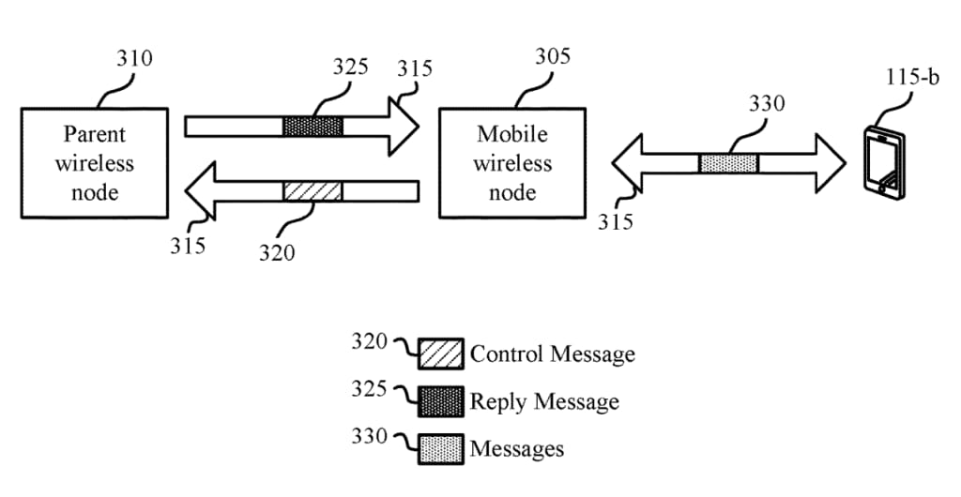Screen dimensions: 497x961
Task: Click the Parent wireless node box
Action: [94, 163]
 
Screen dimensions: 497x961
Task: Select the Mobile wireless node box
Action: [511, 163]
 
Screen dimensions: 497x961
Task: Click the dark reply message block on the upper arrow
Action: [313, 126]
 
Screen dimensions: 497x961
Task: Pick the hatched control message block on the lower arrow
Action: [313, 191]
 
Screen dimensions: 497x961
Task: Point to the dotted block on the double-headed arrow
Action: [728, 163]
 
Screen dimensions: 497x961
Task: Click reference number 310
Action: [134, 58]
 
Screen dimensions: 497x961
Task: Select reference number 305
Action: [552, 56]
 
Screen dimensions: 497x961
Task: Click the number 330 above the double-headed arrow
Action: [766, 104]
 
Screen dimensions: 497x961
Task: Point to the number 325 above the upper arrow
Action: [350, 68]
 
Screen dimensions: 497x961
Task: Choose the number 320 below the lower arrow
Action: [277, 251]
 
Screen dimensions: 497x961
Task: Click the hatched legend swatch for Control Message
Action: [441, 354]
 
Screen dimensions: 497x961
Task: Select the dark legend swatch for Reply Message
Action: [441, 401]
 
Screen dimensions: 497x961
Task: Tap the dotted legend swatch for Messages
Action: [441, 448]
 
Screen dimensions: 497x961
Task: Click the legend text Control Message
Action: [552, 354]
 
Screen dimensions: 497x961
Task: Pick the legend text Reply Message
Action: [544, 401]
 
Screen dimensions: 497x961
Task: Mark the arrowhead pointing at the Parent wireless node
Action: [200, 191]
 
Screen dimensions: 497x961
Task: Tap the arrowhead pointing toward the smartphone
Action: [831, 163]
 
